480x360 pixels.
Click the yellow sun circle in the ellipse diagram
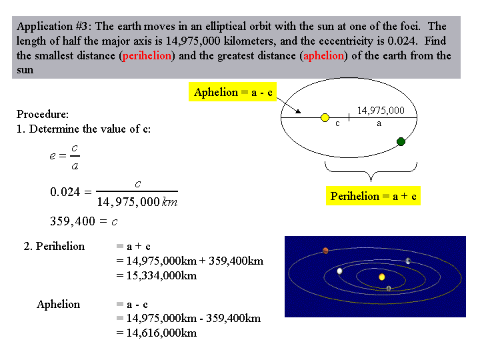pyautogui.click(x=325, y=117)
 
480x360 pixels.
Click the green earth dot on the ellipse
pyautogui.click(x=401, y=141)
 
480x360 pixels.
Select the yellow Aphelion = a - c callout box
pyautogui.click(x=233, y=92)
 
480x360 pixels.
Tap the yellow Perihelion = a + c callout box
pyautogui.click(x=373, y=196)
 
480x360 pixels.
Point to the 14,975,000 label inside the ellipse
pyautogui.click(x=381, y=110)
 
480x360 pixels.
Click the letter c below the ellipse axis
pyautogui.click(x=337, y=124)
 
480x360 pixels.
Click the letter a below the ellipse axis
pyautogui.click(x=379, y=124)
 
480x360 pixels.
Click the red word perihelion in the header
pyautogui.click(x=147, y=56)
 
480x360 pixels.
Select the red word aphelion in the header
pyautogui.click(x=323, y=56)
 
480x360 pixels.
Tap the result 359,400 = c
pyautogui.click(x=84, y=221)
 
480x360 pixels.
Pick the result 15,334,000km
pyautogui.click(x=161, y=275)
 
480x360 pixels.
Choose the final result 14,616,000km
pyautogui.click(x=161, y=333)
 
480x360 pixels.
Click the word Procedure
pyautogui.click(x=43, y=114)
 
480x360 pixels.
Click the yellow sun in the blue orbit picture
pyautogui.click(x=382, y=277)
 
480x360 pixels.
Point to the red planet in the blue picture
pyautogui.click(x=325, y=251)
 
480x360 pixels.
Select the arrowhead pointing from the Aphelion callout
pyautogui.click(x=298, y=111)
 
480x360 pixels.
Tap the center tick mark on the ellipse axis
pyautogui.click(x=349, y=117)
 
